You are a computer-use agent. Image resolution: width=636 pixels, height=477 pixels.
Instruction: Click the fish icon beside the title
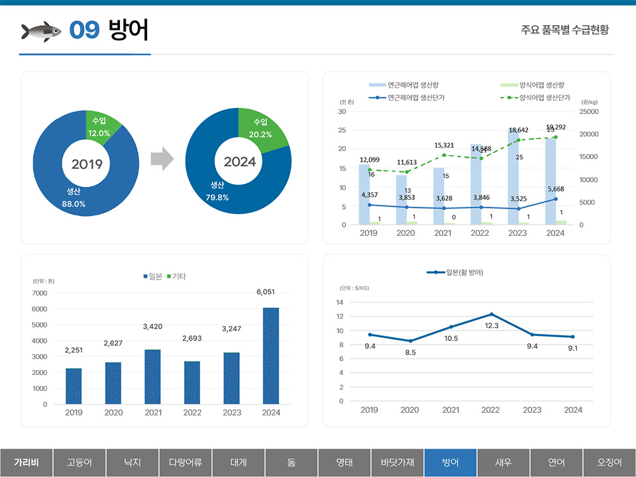pyautogui.click(x=41, y=30)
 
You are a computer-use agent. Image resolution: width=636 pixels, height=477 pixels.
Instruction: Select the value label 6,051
pyautogui.click(x=270, y=291)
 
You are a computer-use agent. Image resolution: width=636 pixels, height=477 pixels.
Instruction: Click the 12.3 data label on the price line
pyautogui.click(x=491, y=325)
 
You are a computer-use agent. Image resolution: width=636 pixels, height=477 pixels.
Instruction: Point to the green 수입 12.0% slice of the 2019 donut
pyautogui.click(x=101, y=127)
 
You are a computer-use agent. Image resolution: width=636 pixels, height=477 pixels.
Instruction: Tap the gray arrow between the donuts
pyautogui.click(x=162, y=160)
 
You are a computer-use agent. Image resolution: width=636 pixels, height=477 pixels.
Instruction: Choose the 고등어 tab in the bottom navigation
pyautogui.click(x=79, y=462)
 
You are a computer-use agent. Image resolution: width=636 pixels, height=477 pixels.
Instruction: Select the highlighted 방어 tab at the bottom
pyautogui.click(x=450, y=462)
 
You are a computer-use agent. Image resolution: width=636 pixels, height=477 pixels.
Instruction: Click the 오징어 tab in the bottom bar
pyautogui.click(x=609, y=462)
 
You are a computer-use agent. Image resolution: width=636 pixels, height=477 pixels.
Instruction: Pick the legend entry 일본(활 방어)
pyautogui.click(x=464, y=272)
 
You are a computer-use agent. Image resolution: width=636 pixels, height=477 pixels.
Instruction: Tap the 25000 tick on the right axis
pyautogui.click(x=589, y=112)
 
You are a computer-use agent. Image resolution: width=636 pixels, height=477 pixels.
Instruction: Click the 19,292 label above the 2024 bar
pyautogui.click(x=556, y=127)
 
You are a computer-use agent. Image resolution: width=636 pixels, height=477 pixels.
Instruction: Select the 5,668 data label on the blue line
pyautogui.click(x=556, y=189)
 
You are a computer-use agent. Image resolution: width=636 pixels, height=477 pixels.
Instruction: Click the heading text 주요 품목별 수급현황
pyautogui.click(x=564, y=30)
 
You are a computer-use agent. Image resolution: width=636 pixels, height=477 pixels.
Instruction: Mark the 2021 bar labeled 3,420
pyautogui.click(x=152, y=376)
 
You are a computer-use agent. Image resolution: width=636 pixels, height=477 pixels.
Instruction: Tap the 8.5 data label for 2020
pyautogui.click(x=410, y=352)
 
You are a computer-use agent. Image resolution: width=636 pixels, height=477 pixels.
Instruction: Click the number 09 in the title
pyautogui.click(x=84, y=30)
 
